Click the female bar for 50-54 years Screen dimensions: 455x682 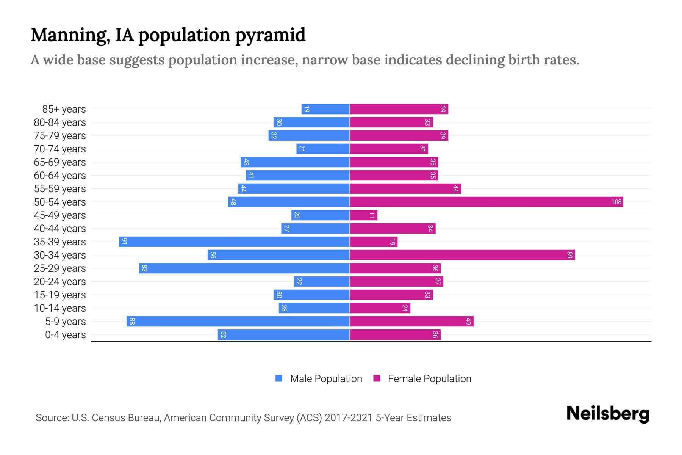(x=486, y=202)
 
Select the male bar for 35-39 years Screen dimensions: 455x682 (x=234, y=242)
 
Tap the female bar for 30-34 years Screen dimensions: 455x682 (x=462, y=255)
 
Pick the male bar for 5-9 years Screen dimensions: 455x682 (x=238, y=322)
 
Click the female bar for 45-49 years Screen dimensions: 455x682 (x=363, y=215)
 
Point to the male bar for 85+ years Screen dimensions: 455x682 (x=325, y=109)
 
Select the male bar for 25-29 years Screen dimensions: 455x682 (x=244, y=268)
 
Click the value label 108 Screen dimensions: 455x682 (x=616, y=202)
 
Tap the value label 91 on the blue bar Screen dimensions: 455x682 (x=124, y=242)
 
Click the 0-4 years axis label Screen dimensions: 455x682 (x=65, y=335)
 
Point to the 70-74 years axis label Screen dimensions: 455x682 (x=60, y=149)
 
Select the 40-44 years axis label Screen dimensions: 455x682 (x=60, y=229)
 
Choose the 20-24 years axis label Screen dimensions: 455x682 (x=60, y=282)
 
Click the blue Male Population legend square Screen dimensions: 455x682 (x=279, y=378)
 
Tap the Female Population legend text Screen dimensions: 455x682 (x=429, y=379)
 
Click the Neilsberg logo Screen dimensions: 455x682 (x=608, y=414)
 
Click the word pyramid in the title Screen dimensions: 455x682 (x=270, y=35)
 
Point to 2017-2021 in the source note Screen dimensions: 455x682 (x=349, y=418)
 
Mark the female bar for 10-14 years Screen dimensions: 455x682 (x=380, y=308)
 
